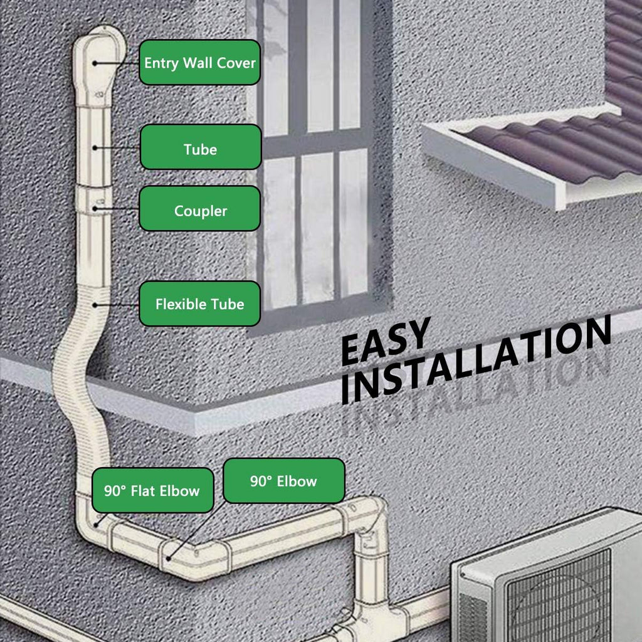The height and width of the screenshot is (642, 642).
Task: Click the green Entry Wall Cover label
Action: [200, 62]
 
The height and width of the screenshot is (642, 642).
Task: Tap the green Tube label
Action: [201, 147]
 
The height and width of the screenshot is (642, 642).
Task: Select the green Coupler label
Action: [200, 208]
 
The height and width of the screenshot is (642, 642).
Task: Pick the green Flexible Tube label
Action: [200, 303]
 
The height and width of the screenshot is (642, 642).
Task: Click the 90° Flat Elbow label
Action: [153, 490]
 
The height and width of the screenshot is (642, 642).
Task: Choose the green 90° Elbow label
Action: [284, 481]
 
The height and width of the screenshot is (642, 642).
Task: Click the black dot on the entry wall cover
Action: [95, 63]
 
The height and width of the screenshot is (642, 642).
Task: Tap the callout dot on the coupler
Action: [95, 209]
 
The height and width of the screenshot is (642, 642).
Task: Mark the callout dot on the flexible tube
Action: [95, 305]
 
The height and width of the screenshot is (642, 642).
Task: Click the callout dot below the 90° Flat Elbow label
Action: [96, 525]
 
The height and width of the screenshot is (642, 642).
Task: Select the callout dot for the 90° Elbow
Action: [168, 558]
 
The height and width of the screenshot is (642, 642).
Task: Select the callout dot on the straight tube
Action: [95, 147]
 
